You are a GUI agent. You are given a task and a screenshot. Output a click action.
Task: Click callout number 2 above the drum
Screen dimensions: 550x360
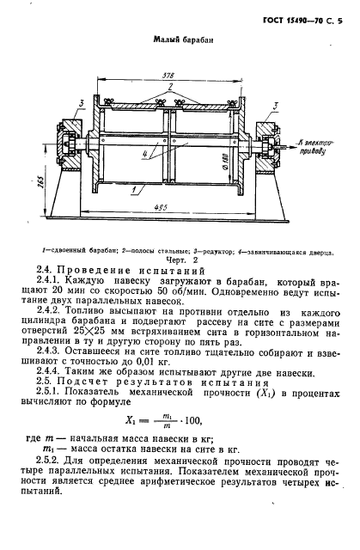coord(171,89)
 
